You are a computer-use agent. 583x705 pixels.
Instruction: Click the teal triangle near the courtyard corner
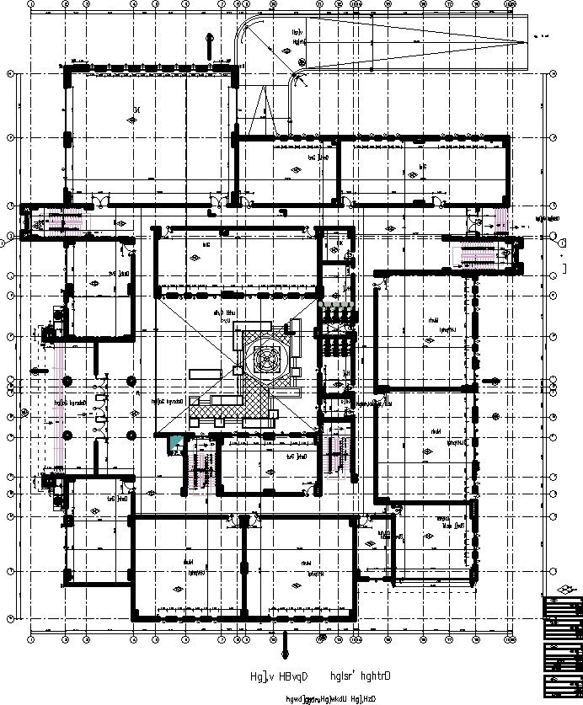174,442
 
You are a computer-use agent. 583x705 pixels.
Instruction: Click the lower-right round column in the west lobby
132,435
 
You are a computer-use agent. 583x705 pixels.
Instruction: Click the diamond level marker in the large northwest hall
131,120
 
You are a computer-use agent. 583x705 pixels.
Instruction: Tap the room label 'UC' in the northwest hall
136,108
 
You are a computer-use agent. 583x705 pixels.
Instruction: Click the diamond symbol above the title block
564,590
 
